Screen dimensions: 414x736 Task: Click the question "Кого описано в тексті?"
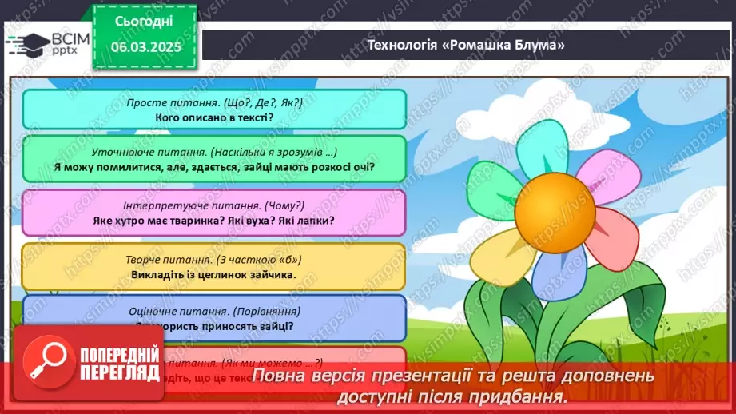click(214, 117)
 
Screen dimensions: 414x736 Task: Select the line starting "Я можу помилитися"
click(214, 167)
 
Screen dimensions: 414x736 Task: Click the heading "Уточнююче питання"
click(214, 152)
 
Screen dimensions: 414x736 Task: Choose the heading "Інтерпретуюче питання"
click(214, 205)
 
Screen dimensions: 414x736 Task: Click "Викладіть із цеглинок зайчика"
click(214, 274)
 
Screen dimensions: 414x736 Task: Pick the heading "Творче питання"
click(214, 258)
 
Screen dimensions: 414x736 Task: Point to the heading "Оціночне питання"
click(214, 311)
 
